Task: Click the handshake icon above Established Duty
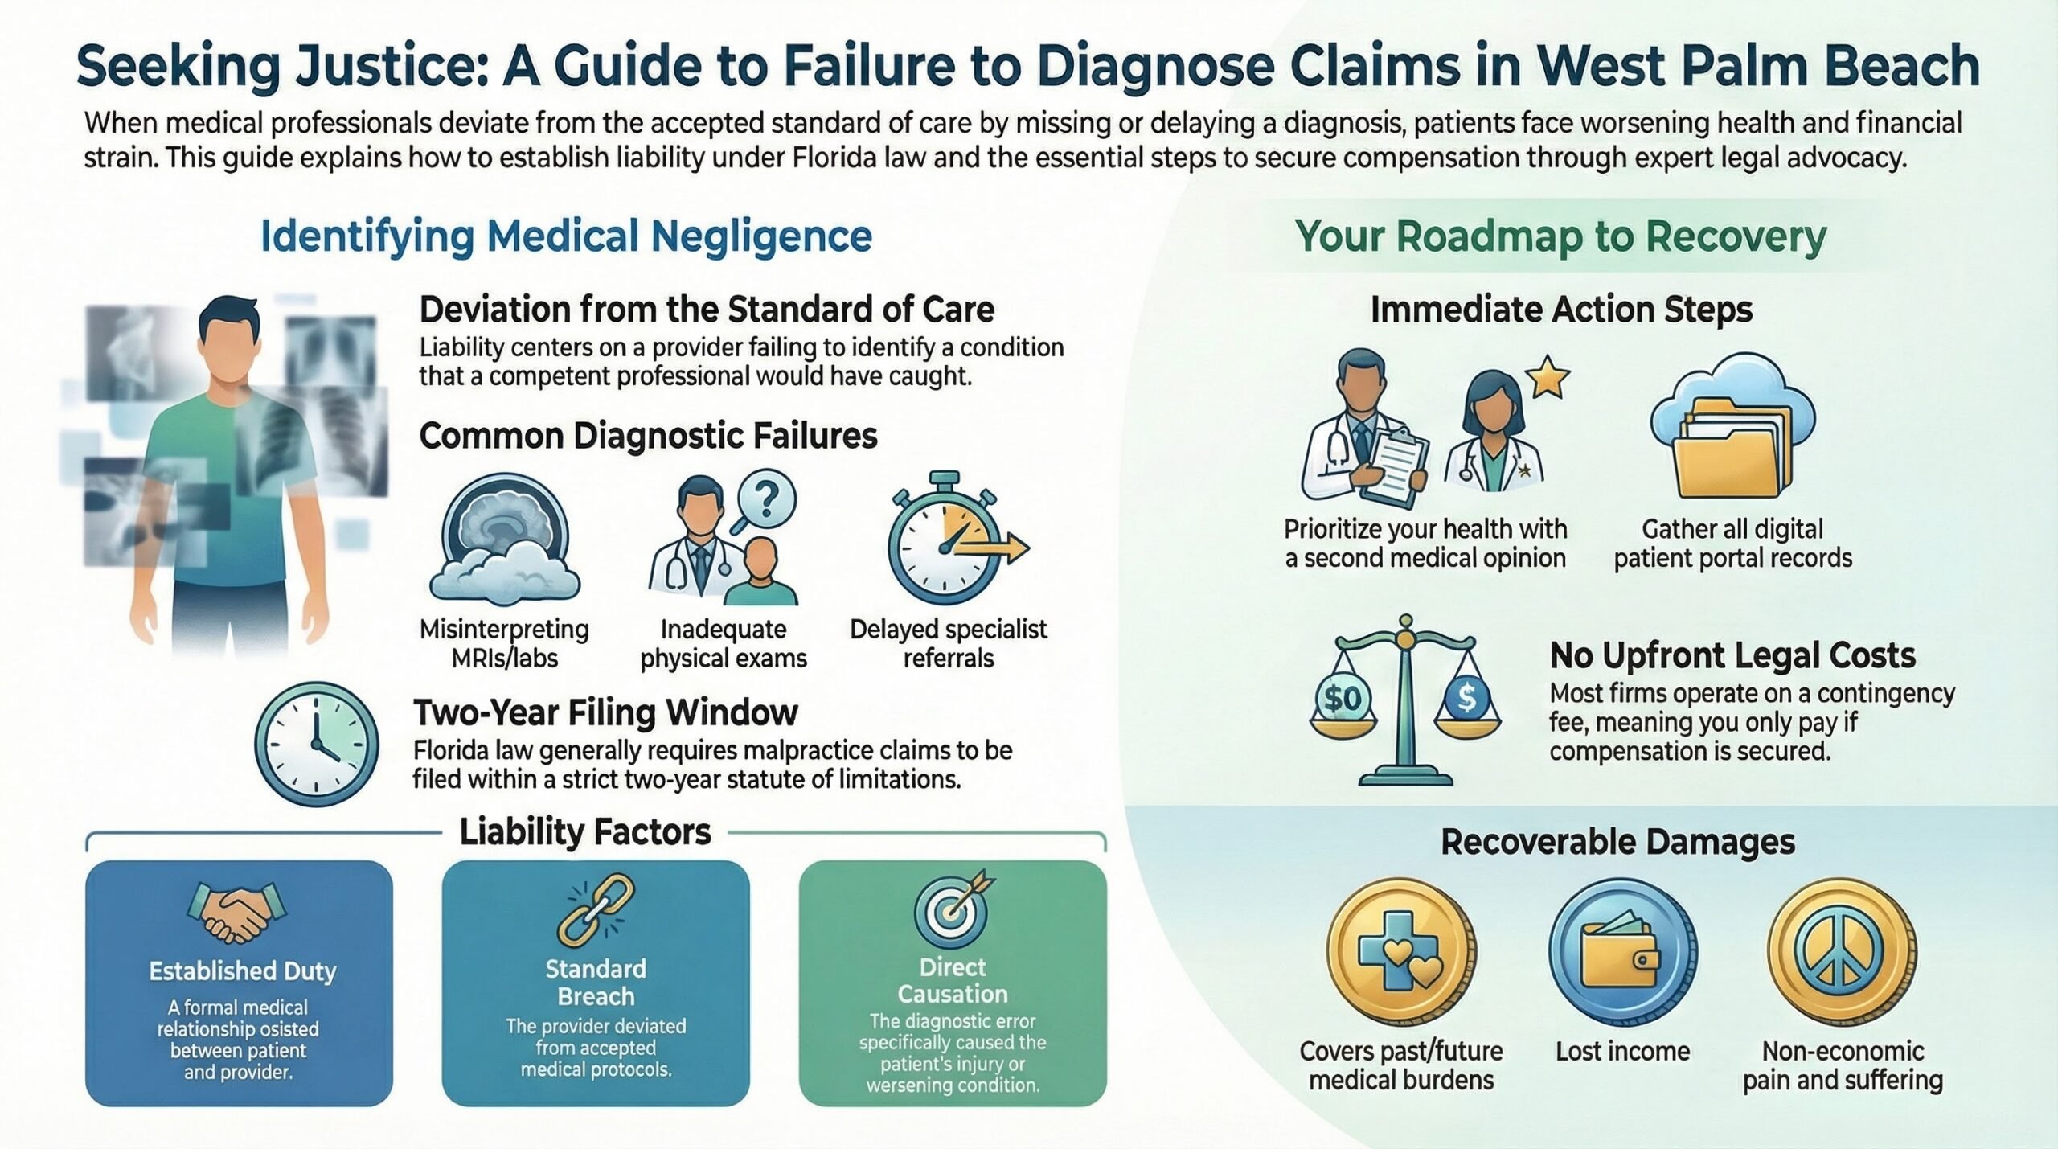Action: click(x=237, y=913)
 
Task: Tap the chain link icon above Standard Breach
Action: click(x=596, y=910)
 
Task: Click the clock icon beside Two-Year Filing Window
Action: click(x=316, y=744)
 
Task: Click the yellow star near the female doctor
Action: click(x=1548, y=378)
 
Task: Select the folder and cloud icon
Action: click(x=1732, y=426)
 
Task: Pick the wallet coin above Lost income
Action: click(x=1622, y=954)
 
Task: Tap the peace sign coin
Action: click(x=1842, y=954)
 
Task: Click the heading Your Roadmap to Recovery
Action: click(x=1560, y=236)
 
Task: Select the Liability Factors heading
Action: click(x=584, y=832)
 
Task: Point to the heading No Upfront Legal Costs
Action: click(x=1732, y=655)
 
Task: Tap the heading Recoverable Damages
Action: click(x=1617, y=842)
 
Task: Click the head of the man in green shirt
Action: click(x=228, y=342)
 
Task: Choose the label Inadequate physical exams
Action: click(x=723, y=643)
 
